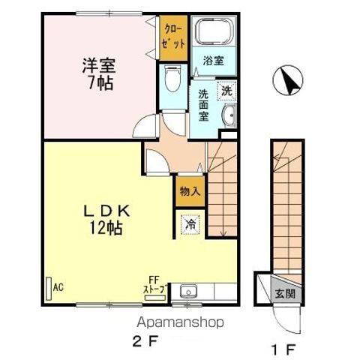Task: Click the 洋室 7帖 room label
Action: pos(98,73)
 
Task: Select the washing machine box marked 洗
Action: pos(225,89)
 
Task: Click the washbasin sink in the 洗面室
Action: pos(229,115)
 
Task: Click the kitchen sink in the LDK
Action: pos(188,291)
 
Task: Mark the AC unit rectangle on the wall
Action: pos(49,286)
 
